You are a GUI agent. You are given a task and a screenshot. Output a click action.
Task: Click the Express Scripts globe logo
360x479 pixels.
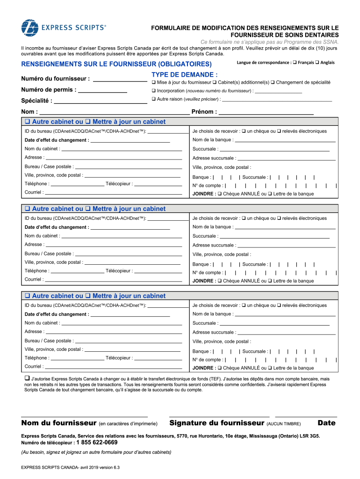pyautogui.click(x=30, y=28)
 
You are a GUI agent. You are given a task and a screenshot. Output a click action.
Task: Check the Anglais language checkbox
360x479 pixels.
pyautogui.click(x=317, y=63)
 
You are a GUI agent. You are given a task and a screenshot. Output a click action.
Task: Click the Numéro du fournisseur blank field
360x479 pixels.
pyautogui.click(x=120, y=79)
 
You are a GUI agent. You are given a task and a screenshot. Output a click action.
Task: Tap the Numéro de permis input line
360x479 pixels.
pyautogui.click(x=102, y=90)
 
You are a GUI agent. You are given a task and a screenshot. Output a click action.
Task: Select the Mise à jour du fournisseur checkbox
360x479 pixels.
pyautogui.click(x=153, y=82)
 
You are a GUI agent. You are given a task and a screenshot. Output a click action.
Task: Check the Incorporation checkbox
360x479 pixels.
pyautogui.click(x=153, y=91)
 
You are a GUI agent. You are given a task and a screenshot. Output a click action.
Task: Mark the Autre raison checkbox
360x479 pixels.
pyautogui.click(x=153, y=99)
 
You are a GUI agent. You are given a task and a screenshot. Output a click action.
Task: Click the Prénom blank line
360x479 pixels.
pyautogui.click(x=266, y=112)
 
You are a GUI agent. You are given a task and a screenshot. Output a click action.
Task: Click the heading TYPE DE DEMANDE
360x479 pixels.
pyautogui.click(x=184, y=75)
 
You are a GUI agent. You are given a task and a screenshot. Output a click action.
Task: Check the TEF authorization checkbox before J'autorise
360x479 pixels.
pyautogui.click(x=27, y=378)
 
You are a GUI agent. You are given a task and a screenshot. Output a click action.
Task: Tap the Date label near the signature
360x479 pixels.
pyautogui.click(x=326, y=423)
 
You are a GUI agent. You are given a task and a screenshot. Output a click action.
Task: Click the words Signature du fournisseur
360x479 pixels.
pyautogui.click(x=217, y=423)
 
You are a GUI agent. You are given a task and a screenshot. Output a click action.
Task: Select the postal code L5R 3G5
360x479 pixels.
pyautogui.click(x=310, y=435)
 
